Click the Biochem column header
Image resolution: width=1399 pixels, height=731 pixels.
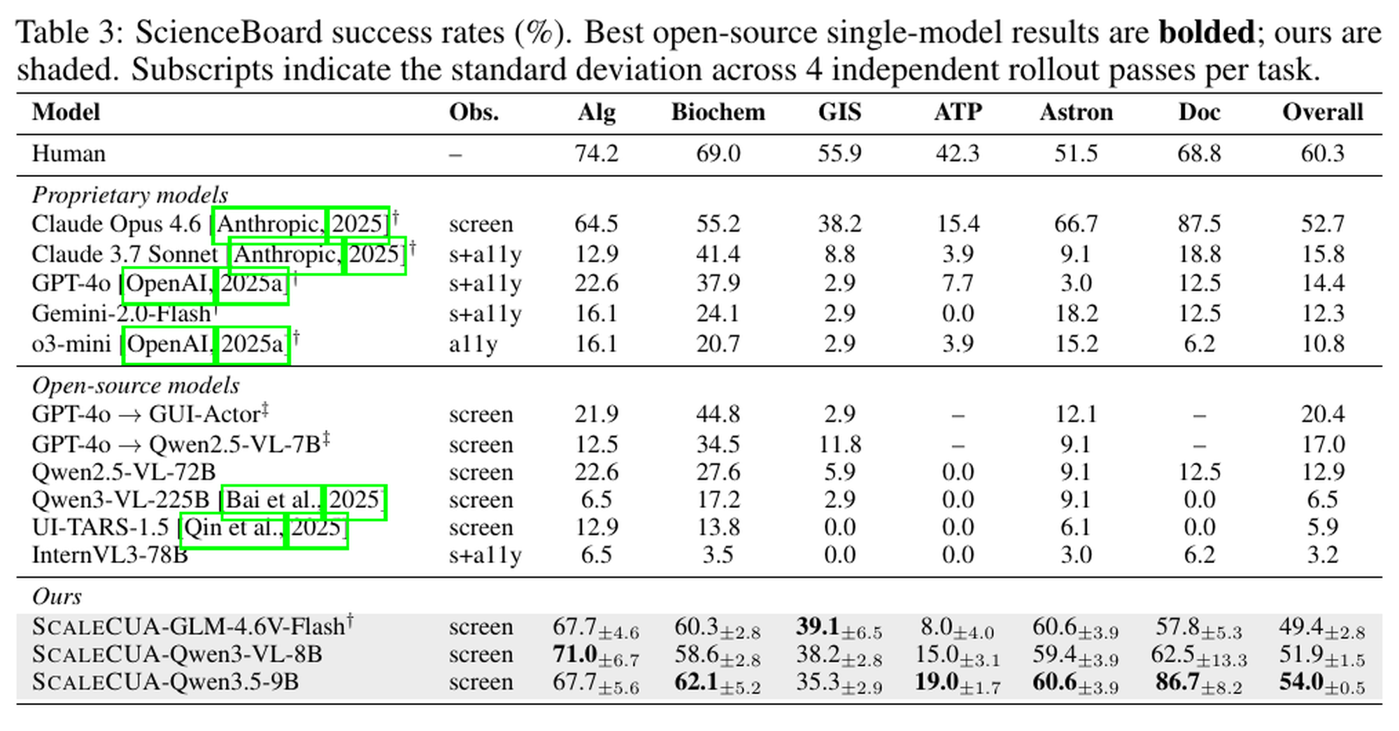pyautogui.click(x=718, y=112)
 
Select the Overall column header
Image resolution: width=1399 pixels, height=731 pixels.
pyautogui.click(x=1322, y=112)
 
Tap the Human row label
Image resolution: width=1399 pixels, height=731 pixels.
pyautogui.click(x=69, y=153)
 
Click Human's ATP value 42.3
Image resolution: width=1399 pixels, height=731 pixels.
pyautogui.click(x=958, y=153)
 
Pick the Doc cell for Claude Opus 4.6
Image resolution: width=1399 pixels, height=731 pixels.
pyautogui.click(x=1199, y=224)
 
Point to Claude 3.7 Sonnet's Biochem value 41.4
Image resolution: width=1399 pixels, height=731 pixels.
pyautogui.click(x=718, y=254)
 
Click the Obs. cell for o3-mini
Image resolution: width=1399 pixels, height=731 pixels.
pyautogui.click(x=473, y=344)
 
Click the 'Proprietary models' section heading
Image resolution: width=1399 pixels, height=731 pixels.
pyautogui.click(x=130, y=195)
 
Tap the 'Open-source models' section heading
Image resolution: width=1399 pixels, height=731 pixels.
pyautogui.click(x=136, y=385)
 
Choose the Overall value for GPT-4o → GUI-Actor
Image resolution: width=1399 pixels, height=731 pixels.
pyautogui.click(x=1322, y=414)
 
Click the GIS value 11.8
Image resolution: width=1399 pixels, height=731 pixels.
pyautogui.click(x=839, y=444)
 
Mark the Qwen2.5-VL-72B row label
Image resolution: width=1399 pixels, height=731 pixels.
pyautogui.click(x=124, y=472)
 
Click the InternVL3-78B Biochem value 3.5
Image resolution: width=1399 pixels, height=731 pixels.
pyautogui.click(x=718, y=555)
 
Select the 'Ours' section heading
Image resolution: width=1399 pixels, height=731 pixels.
pyautogui.click(x=57, y=597)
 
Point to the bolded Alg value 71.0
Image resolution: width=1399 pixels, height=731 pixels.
pyautogui.click(x=574, y=654)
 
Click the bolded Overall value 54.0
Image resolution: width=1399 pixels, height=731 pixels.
pyautogui.click(x=1301, y=682)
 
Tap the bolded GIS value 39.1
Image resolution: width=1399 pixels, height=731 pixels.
pyautogui.click(x=818, y=626)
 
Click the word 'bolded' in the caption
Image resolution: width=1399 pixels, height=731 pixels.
pyautogui.click(x=1207, y=32)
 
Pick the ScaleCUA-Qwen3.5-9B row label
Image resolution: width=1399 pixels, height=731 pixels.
pyautogui.click(x=165, y=682)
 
